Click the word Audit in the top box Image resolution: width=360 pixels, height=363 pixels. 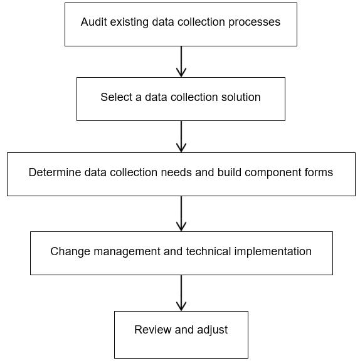coord(93,22)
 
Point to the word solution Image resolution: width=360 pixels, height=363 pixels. coord(241,97)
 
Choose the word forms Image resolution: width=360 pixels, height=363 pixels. coord(319,172)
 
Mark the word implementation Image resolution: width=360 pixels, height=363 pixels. coord(273,251)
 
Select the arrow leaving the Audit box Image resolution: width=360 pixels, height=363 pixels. coord(181,61)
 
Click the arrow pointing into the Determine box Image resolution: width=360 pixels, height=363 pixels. coord(181,137)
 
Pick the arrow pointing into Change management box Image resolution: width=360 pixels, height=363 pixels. coord(181,214)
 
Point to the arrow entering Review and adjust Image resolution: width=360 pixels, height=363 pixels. coord(181,293)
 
